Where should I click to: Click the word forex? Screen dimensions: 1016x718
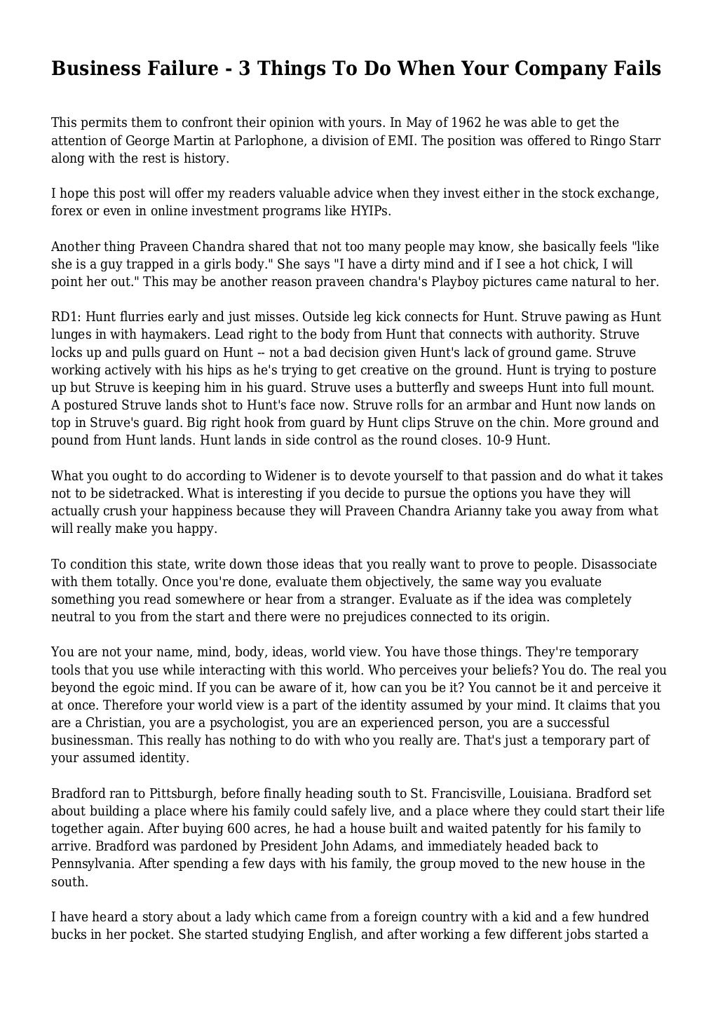tap(67, 211)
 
